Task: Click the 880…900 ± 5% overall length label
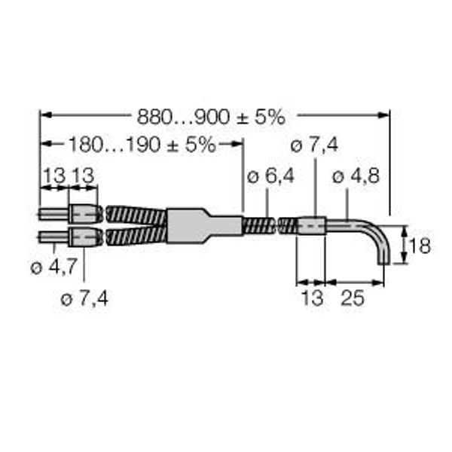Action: tap(211, 117)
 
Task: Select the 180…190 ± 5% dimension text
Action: tap(142, 145)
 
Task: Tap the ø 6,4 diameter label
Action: tap(270, 176)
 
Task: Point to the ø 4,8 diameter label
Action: tap(356, 176)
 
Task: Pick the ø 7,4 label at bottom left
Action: tap(84, 298)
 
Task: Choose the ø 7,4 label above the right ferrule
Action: tap(314, 145)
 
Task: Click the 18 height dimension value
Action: tap(420, 246)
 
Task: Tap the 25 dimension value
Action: tap(353, 298)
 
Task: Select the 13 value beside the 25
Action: tap(313, 298)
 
